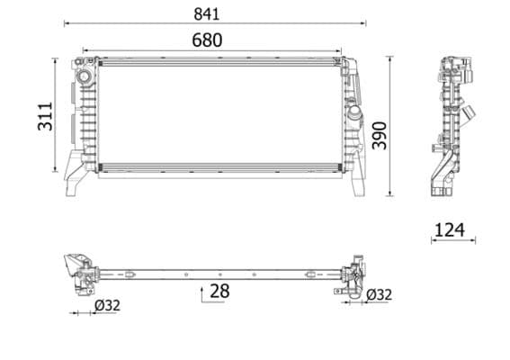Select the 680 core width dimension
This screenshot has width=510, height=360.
tap(206, 40)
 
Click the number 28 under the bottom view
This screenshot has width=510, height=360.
tap(218, 291)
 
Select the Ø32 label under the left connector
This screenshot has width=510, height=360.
tap(107, 305)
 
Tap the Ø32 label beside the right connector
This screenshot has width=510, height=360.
tap(379, 294)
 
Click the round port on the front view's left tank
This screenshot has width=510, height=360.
tap(85, 77)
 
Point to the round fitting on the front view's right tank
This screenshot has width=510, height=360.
tap(353, 117)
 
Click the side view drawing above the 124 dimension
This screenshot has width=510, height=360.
tap(449, 126)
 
